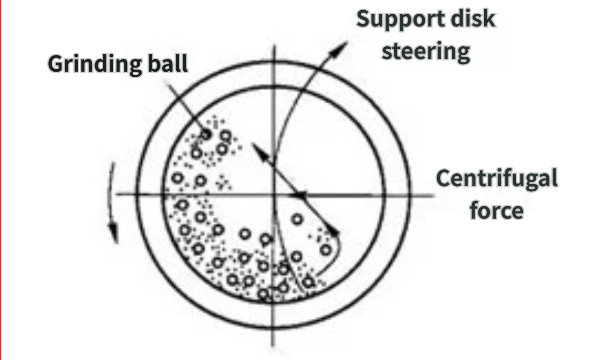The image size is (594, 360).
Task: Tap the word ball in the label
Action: [168, 63]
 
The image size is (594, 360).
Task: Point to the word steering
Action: [425, 51]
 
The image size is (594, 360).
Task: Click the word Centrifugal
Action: [496, 178]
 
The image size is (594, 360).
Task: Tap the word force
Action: [496, 210]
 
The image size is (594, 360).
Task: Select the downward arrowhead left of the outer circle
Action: [113, 233]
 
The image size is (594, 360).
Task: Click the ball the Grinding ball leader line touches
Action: [206, 134]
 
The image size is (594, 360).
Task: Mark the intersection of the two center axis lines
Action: [274, 195]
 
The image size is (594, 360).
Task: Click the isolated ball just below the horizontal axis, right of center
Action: [297, 219]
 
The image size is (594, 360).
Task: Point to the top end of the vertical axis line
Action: [275, 45]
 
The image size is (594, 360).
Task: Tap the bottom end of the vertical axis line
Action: [272, 346]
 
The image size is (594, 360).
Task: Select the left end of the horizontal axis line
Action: [117, 194]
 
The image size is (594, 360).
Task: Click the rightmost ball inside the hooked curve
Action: [326, 250]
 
